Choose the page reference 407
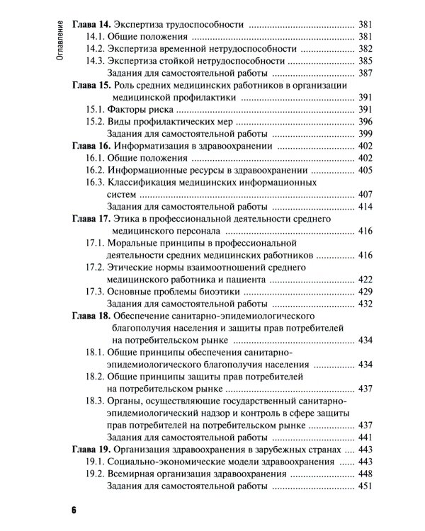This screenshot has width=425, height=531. click(365, 193)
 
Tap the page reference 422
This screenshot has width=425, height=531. click(365, 279)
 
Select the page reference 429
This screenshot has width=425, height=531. click(365, 291)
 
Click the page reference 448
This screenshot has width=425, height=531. click(365, 474)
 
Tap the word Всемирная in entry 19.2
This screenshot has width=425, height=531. click(132, 474)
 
